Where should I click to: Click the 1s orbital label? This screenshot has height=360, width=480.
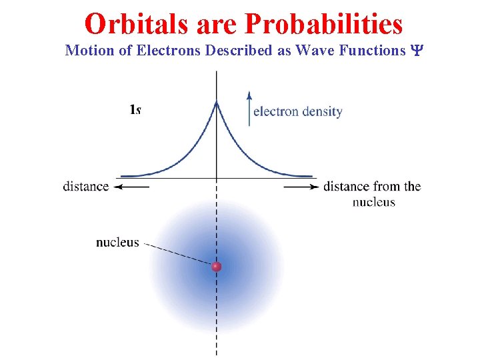coord(135,109)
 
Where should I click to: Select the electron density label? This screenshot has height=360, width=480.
coord(297,111)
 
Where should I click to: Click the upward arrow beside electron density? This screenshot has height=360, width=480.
coord(249,107)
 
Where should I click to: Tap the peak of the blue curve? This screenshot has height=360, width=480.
coord(216,103)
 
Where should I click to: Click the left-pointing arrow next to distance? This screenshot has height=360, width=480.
coord(131,187)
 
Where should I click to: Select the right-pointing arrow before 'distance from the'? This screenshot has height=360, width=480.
coord(301,187)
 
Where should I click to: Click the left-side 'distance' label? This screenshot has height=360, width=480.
coord(86,186)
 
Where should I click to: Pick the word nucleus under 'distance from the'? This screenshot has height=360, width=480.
coord(373,201)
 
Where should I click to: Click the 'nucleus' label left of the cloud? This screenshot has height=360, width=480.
coord(117,242)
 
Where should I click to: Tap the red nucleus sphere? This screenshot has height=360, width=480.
coord(216,267)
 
